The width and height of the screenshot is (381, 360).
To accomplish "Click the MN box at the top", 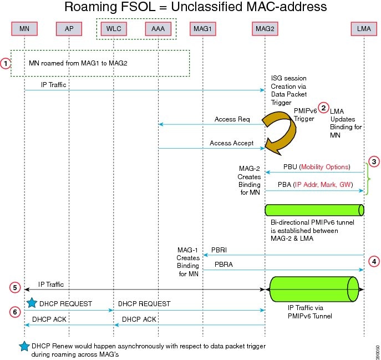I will point(24,27).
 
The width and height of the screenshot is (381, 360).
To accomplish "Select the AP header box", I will point(69,27).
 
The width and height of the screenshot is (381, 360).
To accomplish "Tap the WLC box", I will point(113,27).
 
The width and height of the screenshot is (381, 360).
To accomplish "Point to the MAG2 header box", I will point(264,27).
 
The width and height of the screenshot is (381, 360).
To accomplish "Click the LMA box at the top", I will point(364,27).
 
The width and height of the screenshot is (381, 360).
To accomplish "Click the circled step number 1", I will point(6,63).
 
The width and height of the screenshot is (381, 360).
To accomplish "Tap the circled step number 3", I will point(375,161).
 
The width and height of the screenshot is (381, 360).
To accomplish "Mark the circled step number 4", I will point(375,260).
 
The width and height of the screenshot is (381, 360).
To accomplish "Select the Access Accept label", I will point(231,143).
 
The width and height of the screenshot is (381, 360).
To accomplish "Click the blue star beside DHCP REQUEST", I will point(32,302).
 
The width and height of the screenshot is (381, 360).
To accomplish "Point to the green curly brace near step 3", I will point(369,179).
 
